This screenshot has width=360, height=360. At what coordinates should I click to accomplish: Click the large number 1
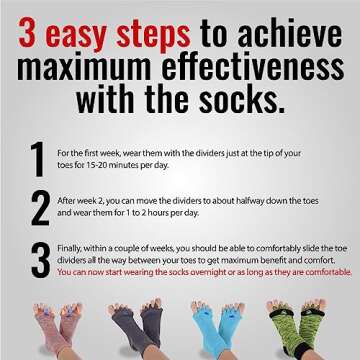point(37,159)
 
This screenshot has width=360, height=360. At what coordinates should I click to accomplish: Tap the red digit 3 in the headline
point(27,36)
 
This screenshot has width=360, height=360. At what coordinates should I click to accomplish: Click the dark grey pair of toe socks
point(136,325)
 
